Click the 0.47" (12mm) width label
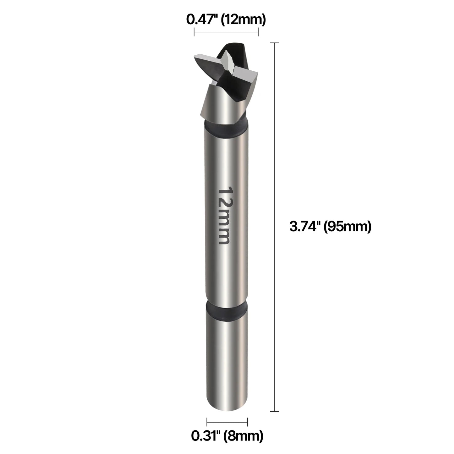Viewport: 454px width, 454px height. tap(226, 19)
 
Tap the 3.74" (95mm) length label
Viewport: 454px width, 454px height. tap(330, 226)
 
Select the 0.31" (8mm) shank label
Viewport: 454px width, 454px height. tap(227, 436)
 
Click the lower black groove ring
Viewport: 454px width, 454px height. tap(226, 312)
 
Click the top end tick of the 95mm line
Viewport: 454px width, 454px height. tap(275, 43)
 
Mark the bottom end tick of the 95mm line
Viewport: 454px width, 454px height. tap(275, 411)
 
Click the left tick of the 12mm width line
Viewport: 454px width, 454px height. tap(194, 32)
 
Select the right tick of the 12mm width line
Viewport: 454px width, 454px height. tap(258, 32)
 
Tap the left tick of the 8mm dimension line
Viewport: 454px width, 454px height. tap(207, 422)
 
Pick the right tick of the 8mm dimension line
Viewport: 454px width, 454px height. tap(248, 422)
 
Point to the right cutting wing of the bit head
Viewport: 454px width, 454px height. tap(247, 74)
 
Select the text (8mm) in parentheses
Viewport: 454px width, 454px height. tap(243, 436)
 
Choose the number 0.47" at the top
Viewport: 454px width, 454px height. tap(202, 19)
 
